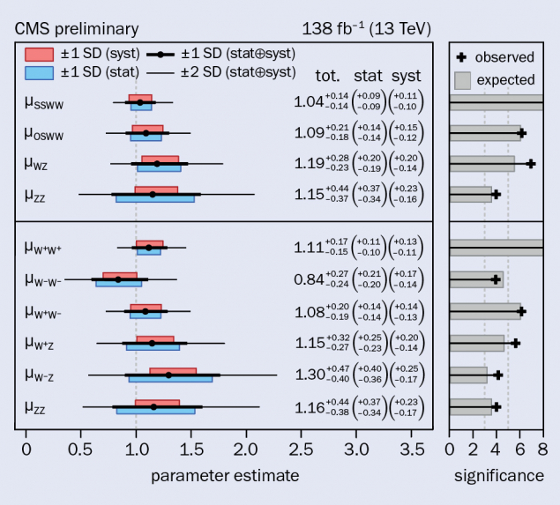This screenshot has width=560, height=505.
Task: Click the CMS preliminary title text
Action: click(77, 30)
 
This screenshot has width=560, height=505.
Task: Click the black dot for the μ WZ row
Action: click(157, 163)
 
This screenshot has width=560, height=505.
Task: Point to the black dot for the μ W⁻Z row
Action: click(168, 375)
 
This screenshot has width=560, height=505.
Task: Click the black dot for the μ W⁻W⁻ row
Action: click(118, 279)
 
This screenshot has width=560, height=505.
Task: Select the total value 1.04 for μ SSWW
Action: click(308, 102)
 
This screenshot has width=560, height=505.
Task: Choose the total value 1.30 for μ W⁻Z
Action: click(308, 375)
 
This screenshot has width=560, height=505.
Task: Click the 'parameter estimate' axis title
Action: click(225, 477)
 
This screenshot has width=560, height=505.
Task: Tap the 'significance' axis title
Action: click(499, 477)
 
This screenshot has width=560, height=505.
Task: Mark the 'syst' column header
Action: click(407, 76)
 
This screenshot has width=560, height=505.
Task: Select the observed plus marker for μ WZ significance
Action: click(530, 164)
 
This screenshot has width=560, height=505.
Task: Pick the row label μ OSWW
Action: click(45, 134)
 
